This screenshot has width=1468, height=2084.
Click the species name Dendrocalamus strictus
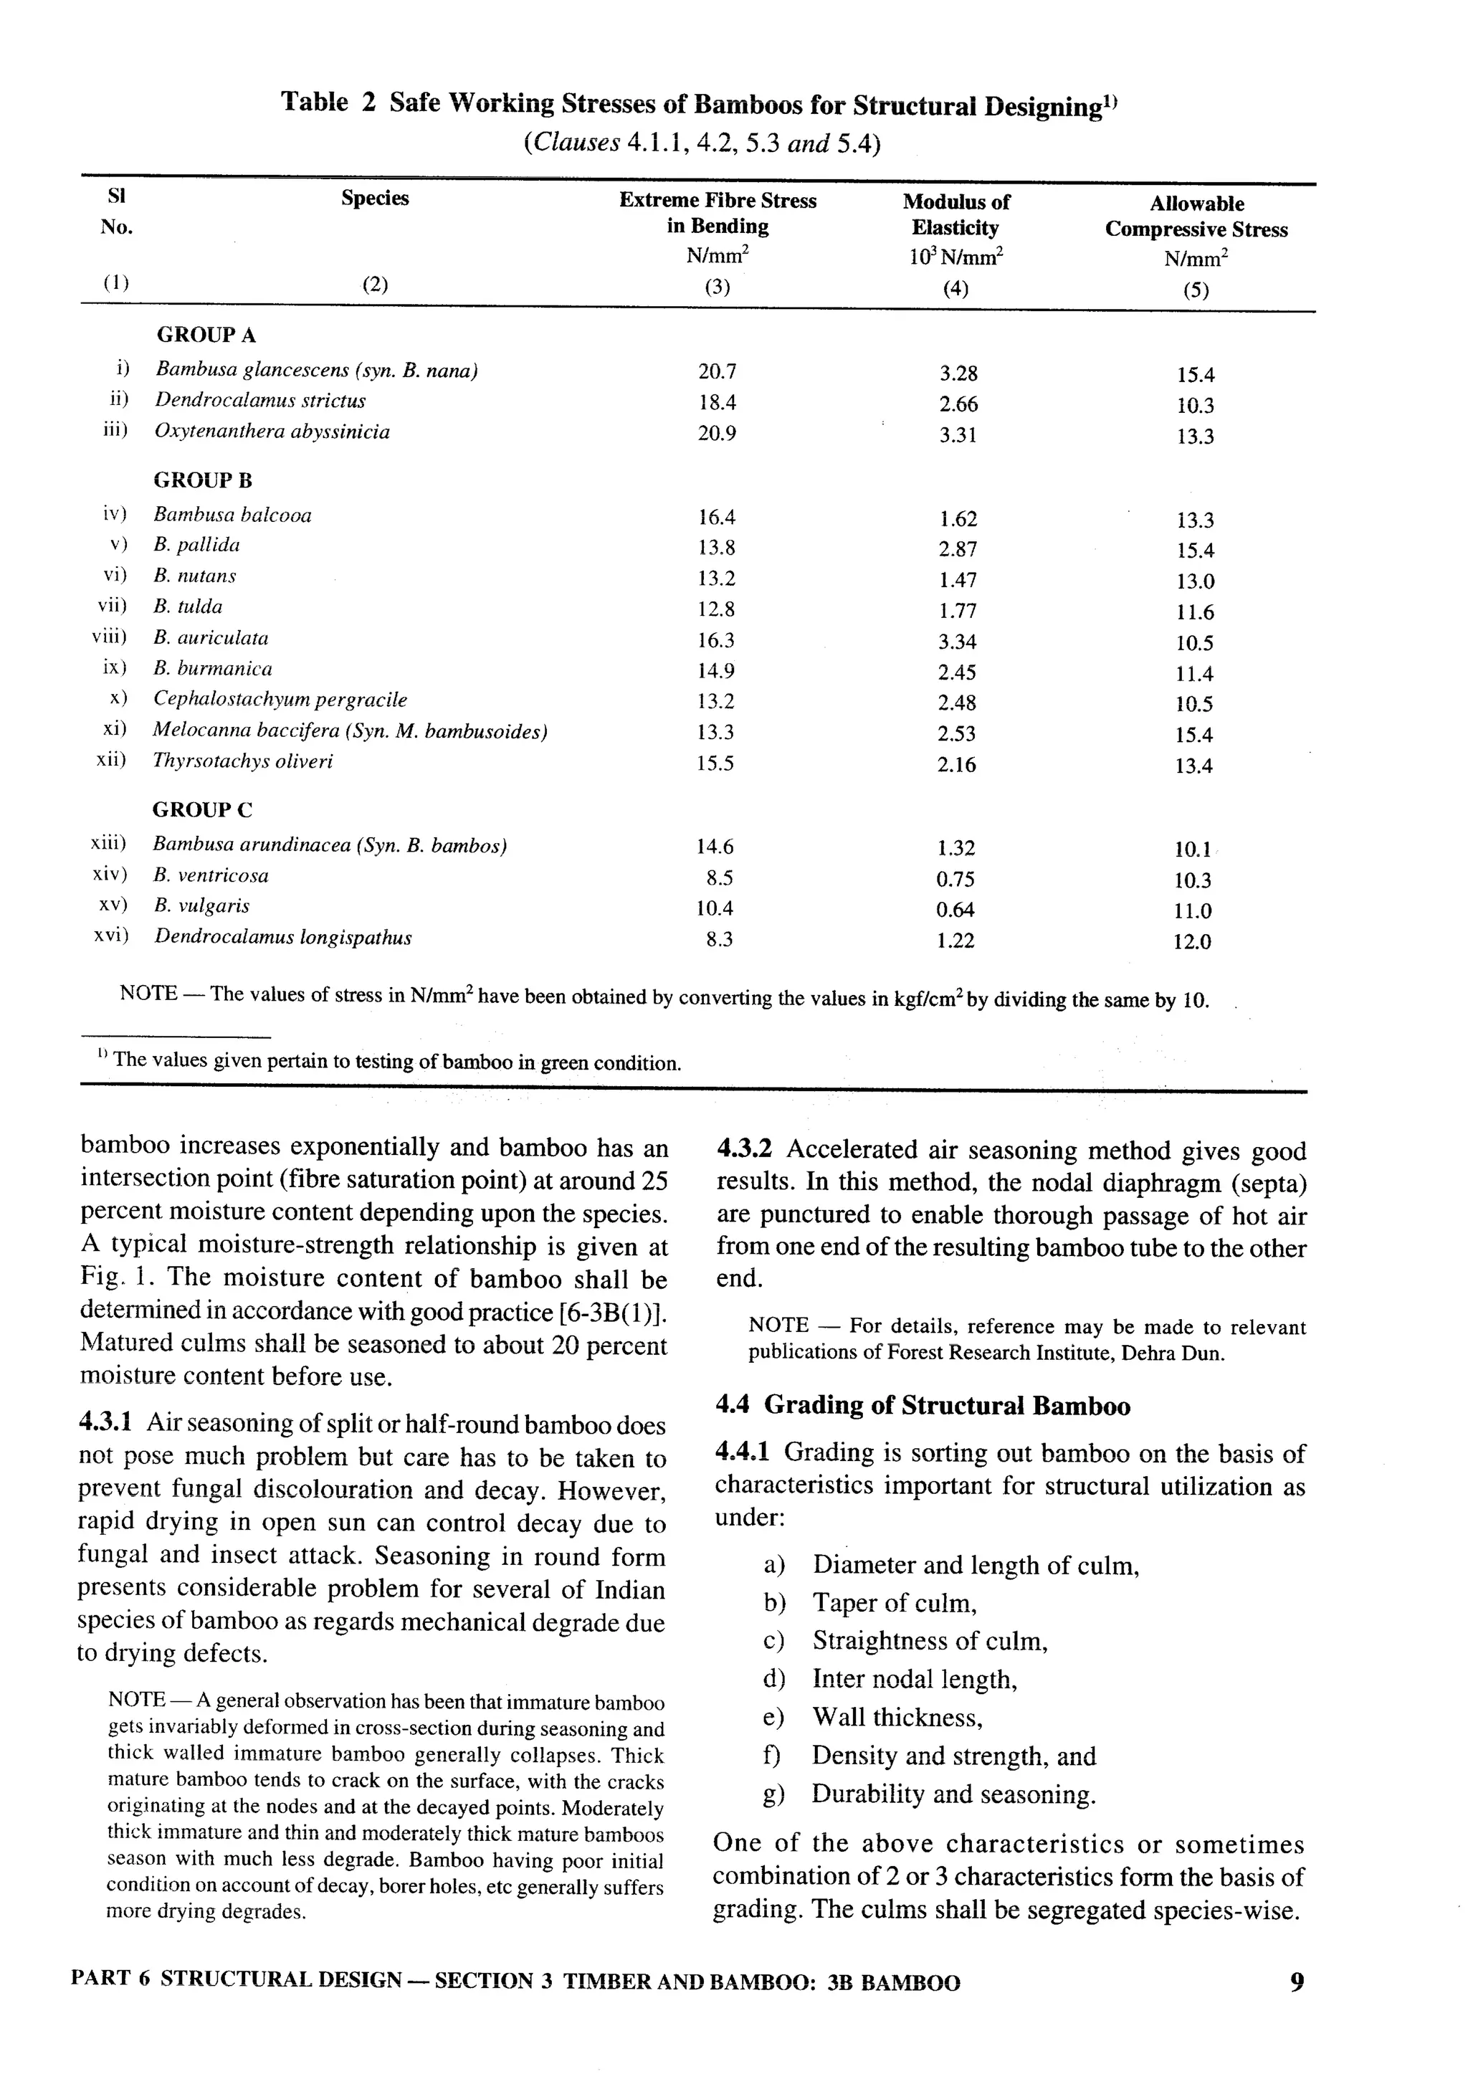260,400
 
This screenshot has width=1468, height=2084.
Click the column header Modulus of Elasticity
955,215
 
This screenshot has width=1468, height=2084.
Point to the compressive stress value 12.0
1192,942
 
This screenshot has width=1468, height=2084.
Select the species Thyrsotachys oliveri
242,761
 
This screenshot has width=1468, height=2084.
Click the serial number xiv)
110,875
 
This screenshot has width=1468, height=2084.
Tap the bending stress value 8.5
718,877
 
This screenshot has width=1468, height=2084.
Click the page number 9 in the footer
1297,1981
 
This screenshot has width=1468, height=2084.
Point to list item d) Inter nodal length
914,1679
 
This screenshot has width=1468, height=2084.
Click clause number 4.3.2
745,1149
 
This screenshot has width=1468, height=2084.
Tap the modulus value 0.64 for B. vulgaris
955,910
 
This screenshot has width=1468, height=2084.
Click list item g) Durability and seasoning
953,1794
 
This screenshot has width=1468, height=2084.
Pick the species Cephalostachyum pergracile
280,700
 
